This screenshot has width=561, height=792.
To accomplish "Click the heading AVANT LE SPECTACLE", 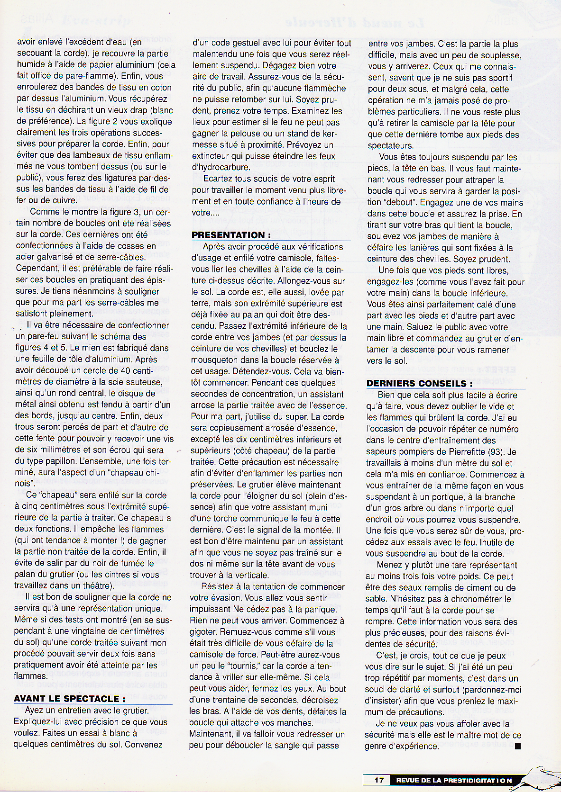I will [x=69, y=699].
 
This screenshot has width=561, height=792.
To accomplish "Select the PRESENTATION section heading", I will [x=231, y=235].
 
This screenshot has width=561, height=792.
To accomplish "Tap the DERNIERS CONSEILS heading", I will [x=419, y=384].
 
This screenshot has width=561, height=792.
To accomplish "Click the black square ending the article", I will [x=517, y=747].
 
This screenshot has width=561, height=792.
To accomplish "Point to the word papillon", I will [x=53, y=461].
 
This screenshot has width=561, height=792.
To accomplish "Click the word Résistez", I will [x=219, y=587].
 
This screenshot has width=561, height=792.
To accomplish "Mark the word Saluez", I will [x=385, y=327].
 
